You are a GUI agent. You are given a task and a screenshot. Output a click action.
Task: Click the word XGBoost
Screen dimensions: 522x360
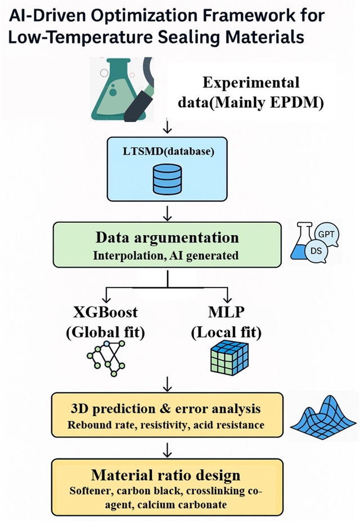point(105,313)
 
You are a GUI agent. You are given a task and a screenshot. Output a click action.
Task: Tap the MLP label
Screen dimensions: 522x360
point(226,313)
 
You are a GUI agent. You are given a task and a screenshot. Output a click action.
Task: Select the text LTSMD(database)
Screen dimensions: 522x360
point(168,154)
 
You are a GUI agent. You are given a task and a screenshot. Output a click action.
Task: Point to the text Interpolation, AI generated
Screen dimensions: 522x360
point(166,255)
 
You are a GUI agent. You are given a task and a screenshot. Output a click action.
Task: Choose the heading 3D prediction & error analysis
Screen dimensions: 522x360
point(168,407)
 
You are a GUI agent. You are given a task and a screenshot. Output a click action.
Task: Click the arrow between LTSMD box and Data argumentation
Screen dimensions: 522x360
point(168,213)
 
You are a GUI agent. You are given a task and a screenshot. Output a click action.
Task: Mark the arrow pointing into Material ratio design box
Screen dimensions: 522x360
point(168,448)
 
